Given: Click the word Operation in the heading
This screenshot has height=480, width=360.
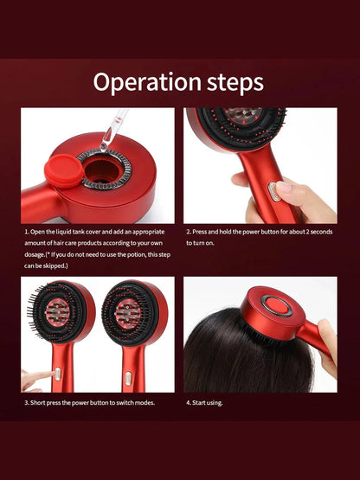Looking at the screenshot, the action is pyautogui.click(x=147, y=83).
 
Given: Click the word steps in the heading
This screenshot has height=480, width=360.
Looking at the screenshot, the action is pyautogui.click(x=235, y=82).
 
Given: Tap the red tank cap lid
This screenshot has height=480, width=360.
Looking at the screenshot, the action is pyautogui.click(x=64, y=170).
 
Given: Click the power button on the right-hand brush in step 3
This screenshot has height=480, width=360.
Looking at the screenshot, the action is pyautogui.click(x=128, y=378).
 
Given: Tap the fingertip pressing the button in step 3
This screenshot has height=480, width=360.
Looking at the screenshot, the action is pyautogui.click(x=51, y=374).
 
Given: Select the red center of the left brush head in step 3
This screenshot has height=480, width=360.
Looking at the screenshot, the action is pyautogui.click(x=57, y=312).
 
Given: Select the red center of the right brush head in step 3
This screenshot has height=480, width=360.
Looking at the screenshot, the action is pyautogui.click(x=128, y=313).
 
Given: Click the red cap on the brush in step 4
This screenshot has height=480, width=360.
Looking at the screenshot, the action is pyautogui.click(x=277, y=306).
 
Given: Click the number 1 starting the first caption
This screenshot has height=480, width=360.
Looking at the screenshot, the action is pyautogui.click(x=26, y=232).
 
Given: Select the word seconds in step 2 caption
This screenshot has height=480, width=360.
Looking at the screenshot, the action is pyautogui.click(x=321, y=232).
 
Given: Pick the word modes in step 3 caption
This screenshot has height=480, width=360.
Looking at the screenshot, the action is pyautogui.click(x=145, y=402).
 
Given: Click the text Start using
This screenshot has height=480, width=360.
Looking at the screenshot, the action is pyautogui.click(x=207, y=403).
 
